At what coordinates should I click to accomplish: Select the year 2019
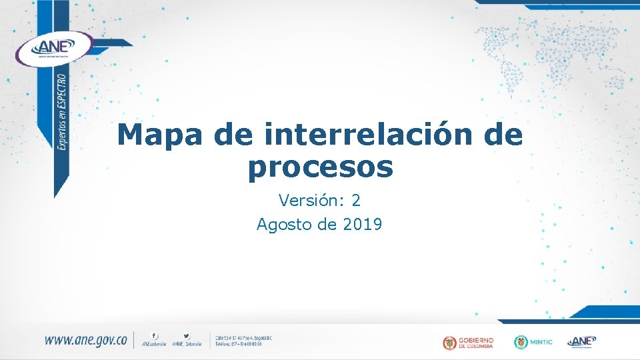click(x=363, y=225)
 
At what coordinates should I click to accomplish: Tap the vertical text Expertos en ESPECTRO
click(x=63, y=114)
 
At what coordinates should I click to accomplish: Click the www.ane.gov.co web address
click(x=85, y=340)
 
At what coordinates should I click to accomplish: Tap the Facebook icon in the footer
click(x=155, y=335)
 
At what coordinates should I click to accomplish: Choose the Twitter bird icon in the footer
click(x=187, y=335)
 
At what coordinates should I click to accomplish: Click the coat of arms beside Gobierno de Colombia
click(x=450, y=343)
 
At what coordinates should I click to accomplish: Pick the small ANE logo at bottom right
click(x=581, y=341)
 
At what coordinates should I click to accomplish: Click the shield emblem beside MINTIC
click(x=520, y=342)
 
